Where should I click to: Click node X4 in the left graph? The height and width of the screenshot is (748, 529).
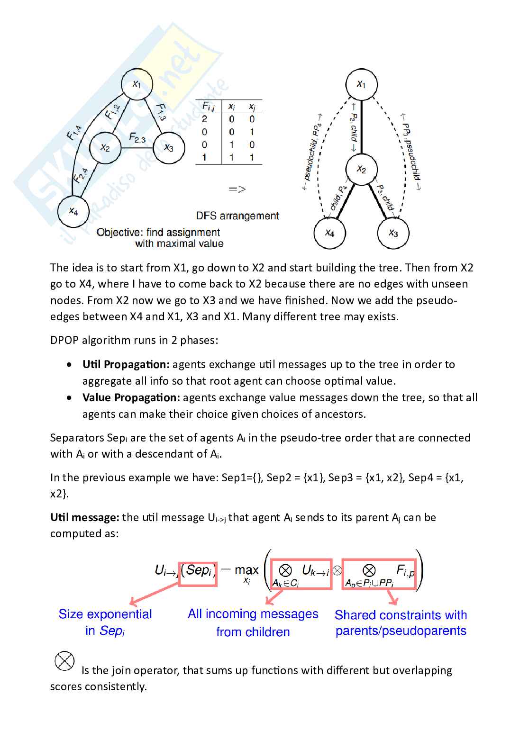point(73,211)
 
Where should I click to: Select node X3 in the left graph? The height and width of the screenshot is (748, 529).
point(169,148)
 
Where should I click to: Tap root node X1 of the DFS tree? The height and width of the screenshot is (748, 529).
point(361,84)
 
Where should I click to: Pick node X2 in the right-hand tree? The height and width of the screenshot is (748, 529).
point(361,169)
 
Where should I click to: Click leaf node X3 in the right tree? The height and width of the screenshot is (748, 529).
point(393,233)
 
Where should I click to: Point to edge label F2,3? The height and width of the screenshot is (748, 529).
point(137,138)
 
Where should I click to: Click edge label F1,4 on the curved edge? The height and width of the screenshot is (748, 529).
point(74,133)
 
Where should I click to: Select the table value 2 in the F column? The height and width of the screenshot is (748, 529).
point(205,119)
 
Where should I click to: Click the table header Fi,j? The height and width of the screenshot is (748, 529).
point(208,106)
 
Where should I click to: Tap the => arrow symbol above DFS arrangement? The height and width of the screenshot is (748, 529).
point(237,189)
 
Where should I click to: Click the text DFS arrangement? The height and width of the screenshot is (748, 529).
point(237,216)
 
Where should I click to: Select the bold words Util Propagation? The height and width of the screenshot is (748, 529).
point(126,364)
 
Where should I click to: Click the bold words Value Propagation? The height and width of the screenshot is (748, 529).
point(131,397)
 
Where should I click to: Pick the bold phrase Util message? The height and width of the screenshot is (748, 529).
point(85,517)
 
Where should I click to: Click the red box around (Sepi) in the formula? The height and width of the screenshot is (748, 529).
point(198,574)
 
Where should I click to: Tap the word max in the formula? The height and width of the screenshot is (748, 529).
point(246,570)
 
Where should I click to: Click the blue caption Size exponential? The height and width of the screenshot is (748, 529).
point(105,614)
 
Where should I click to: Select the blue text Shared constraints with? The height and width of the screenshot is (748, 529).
point(401,615)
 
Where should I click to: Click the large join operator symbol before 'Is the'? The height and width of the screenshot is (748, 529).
point(64,661)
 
